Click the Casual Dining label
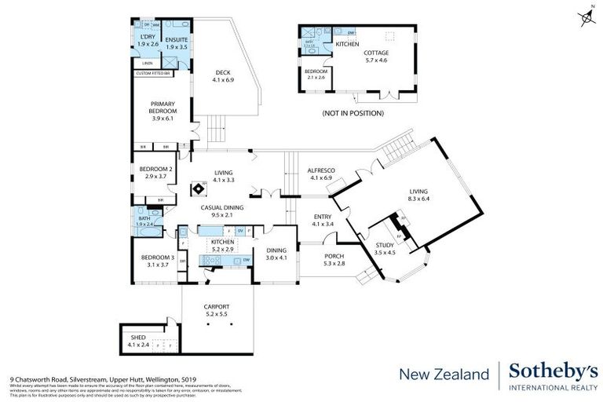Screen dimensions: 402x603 (x=221, y=211)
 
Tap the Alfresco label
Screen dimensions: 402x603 (x=321, y=174)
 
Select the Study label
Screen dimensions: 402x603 (x=384, y=250)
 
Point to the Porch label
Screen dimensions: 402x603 (x=334, y=260)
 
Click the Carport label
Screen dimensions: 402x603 (x=215, y=310)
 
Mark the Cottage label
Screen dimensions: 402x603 (x=375, y=57)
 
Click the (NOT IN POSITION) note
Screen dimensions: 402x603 (x=353, y=114)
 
